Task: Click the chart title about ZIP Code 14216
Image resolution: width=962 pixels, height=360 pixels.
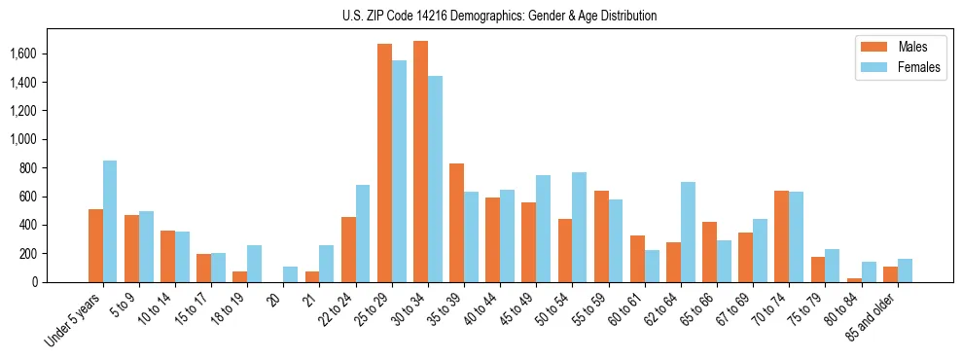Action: [499, 16]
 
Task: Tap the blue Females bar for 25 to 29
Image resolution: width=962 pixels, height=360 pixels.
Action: [399, 171]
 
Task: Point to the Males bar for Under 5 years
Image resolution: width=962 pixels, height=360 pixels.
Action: [95, 245]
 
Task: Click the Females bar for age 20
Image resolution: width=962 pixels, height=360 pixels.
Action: [290, 274]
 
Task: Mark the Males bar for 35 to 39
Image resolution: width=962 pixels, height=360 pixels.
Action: [456, 223]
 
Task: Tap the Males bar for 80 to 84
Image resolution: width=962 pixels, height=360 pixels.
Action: [854, 280]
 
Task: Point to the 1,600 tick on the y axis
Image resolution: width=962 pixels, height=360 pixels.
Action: [50, 54]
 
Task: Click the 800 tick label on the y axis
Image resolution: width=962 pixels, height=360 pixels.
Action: [54, 168]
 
